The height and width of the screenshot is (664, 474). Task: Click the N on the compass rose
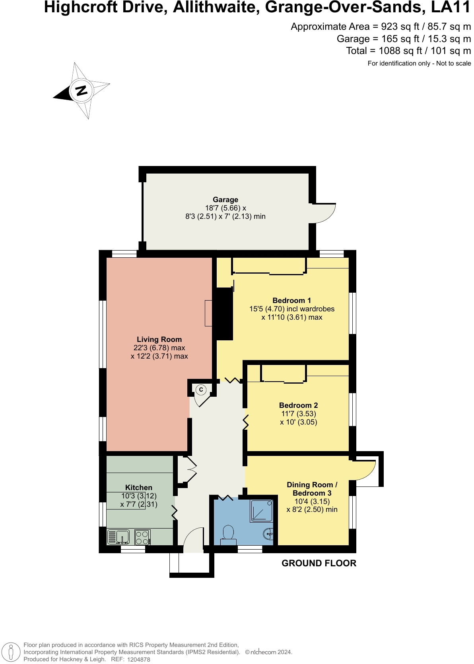81,90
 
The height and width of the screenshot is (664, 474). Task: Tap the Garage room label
225,199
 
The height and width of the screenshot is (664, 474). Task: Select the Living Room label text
159,340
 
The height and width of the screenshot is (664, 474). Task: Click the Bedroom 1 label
291,301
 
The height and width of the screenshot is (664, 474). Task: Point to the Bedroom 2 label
298,405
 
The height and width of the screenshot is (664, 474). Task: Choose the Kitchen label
139,487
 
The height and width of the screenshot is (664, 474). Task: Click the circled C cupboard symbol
201,390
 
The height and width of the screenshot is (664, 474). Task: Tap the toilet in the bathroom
228,535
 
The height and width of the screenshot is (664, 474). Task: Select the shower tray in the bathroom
261,511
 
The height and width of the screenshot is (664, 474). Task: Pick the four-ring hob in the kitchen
142,537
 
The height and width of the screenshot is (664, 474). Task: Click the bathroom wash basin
268,535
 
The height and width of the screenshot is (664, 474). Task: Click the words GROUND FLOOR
319,563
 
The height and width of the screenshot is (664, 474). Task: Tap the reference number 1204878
139,660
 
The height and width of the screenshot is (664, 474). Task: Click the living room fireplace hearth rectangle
208,313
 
